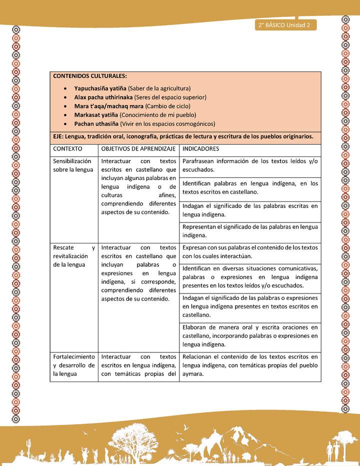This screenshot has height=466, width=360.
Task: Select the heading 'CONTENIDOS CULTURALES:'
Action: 89,76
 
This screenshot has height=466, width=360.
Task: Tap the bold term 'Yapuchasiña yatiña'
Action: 100,87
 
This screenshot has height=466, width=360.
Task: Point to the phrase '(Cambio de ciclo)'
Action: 167,106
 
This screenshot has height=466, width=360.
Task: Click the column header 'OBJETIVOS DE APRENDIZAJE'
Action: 138,149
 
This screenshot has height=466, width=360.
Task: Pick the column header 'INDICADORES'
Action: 200,149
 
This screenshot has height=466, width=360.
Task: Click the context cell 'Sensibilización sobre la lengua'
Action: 73,165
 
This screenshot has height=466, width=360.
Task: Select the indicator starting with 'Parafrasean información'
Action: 250,165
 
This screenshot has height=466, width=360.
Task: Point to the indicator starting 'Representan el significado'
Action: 250,231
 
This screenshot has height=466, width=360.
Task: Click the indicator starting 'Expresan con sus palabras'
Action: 250,251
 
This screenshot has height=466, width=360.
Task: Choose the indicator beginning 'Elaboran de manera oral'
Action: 250,336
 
